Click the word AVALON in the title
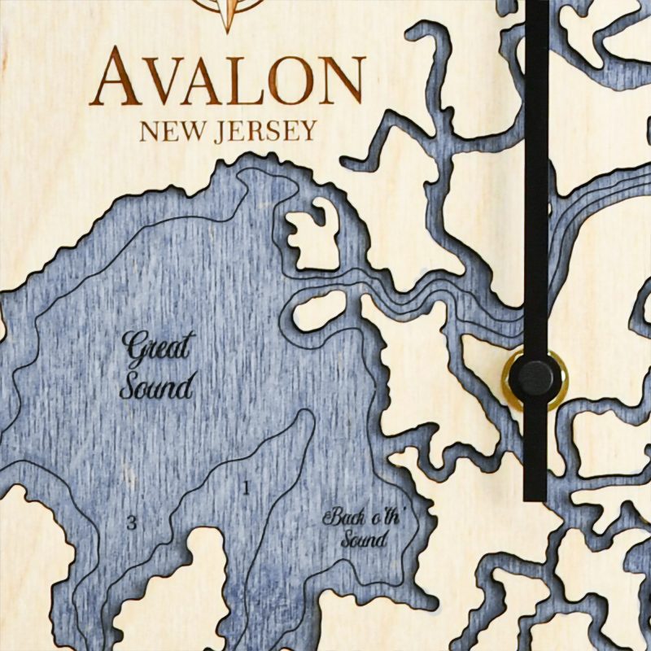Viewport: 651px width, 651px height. click(x=228, y=79)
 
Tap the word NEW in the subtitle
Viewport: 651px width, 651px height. click(x=168, y=130)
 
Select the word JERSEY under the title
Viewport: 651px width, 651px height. click(x=264, y=130)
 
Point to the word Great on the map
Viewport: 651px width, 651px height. click(x=156, y=348)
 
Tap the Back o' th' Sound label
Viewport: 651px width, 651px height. click(x=355, y=526)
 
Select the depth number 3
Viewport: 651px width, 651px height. click(x=131, y=523)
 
